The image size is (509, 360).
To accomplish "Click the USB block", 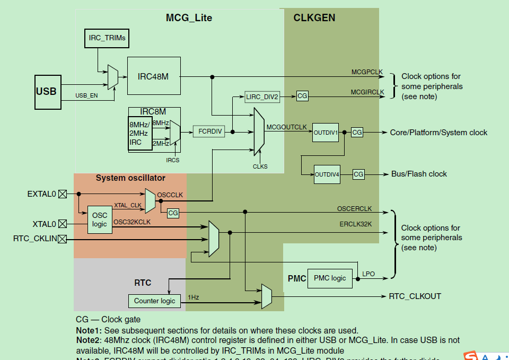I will (x=46, y=91).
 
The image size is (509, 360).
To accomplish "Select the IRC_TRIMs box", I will (x=107, y=38).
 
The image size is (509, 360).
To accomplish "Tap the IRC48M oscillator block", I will (x=153, y=76).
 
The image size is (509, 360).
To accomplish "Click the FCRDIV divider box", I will (x=210, y=131).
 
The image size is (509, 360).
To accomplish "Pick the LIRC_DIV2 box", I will (x=262, y=96).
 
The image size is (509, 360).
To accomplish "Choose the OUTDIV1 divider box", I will (x=326, y=133).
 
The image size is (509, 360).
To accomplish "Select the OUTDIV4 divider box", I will (x=327, y=174).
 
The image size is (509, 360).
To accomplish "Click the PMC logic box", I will (x=330, y=278).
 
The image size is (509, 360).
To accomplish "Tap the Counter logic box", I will (x=154, y=301).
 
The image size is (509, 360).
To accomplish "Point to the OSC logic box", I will (x=100, y=220).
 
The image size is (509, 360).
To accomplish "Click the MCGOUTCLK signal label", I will (x=286, y=127).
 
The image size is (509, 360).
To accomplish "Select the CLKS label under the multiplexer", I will (x=260, y=166).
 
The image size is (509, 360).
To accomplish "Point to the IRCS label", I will (x=173, y=160).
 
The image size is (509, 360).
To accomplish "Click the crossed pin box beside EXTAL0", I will (x=63, y=194).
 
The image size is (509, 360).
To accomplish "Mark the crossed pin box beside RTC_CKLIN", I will (x=63, y=239).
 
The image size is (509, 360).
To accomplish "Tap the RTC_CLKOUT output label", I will (x=415, y=296).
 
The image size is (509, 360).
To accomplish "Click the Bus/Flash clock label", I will (x=419, y=174).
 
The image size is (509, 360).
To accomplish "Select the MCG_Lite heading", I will (x=189, y=18).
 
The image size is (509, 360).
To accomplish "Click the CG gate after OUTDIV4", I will (x=358, y=174).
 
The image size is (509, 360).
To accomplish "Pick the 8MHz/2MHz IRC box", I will (x=139, y=133).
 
